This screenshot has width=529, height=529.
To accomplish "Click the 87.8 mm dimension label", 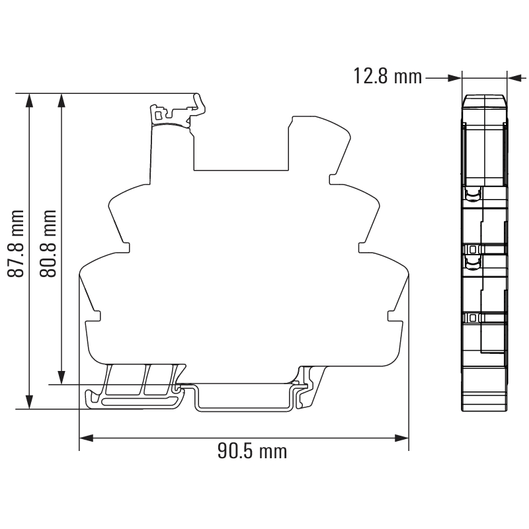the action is pos(16,243).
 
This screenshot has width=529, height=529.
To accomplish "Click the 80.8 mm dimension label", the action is pos(48,243).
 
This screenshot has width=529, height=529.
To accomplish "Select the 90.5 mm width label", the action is pos(252,452).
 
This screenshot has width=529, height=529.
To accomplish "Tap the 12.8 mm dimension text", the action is pos(387,76).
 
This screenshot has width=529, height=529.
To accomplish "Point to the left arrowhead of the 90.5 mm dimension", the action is pos(86,438).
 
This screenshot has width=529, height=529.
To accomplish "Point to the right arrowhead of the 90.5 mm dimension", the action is pos(402,438).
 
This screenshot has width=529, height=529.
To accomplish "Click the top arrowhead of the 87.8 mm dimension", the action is pos(30,101).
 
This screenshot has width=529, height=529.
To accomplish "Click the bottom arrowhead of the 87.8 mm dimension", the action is pos(30,402).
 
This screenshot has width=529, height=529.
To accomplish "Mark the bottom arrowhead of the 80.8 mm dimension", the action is pos(61,377).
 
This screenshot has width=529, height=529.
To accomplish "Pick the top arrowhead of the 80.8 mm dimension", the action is pos(61,101).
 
